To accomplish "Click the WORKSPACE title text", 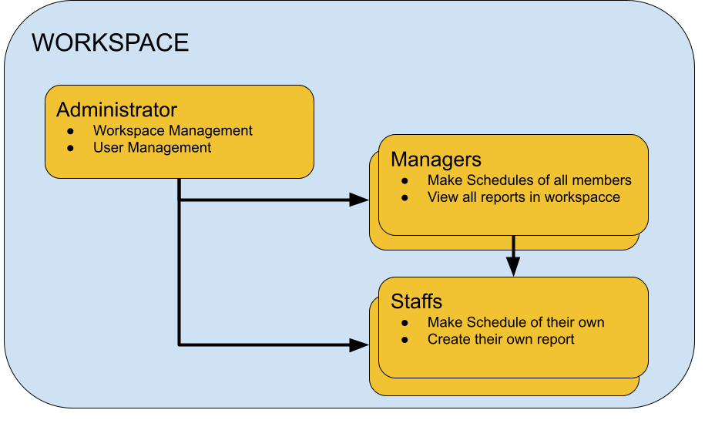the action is [110, 42].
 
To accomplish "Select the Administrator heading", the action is [117, 109].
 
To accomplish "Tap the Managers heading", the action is [436, 159].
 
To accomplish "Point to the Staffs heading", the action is [416, 301].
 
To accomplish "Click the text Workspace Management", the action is [173, 130].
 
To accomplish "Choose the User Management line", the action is [152, 147].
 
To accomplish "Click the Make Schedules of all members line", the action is [529, 180].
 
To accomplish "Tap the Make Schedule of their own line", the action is [515, 322].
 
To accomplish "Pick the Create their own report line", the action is [501, 339].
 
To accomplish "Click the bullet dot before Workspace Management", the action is [71, 131].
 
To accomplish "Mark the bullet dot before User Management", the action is [71, 148].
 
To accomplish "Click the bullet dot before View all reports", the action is [405, 198].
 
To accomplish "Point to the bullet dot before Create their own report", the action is [405, 340].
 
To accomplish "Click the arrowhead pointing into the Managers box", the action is [359, 200].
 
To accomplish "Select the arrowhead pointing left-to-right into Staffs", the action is [359, 345].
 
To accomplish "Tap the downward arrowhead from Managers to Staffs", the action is [513, 267].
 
